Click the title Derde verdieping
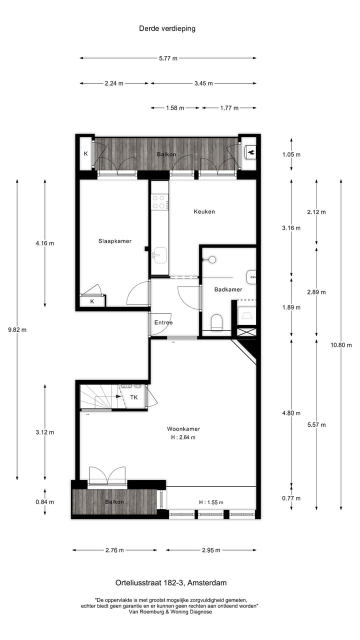[167, 28]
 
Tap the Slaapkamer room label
[114, 241]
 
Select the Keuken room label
[204, 211]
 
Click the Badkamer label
[228, 289]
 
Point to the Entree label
[163, 322]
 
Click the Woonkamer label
[180, 428]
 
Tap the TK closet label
[134, 397]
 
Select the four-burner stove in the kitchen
[159, 202]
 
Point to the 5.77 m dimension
[168, 58]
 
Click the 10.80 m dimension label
[342, 345]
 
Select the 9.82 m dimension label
[17, 329]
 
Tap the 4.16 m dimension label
[44, 243]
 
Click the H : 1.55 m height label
[210, 502]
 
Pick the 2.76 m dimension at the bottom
[114, 550]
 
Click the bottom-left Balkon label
[114, 501]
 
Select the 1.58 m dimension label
[175, 108]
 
